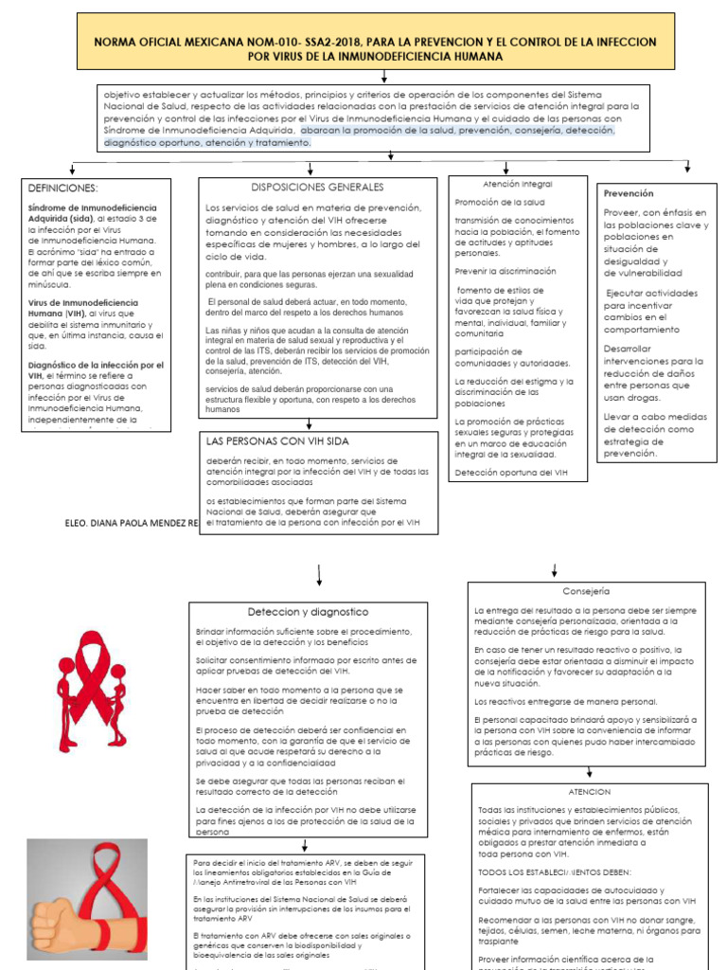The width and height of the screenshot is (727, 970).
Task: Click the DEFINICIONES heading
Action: click(63, 189)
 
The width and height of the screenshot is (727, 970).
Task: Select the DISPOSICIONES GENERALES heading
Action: click(317, 188)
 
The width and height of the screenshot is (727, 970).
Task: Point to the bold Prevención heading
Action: click(629, 193)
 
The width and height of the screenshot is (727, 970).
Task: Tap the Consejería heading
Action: click(586, 590)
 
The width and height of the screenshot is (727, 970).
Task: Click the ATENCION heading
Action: click(590, 791)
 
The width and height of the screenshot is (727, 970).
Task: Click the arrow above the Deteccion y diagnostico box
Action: click(320, 575)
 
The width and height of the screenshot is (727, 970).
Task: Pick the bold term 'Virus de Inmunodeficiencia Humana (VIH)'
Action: click(83, 309)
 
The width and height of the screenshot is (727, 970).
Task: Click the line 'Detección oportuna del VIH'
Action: click(511, 472)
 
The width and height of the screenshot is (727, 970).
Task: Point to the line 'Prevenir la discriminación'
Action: click(505, 271)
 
